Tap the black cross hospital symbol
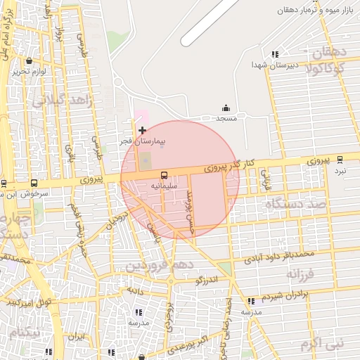[142, 130]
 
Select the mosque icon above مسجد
[226, 108]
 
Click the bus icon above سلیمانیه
[164, 174]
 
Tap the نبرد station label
[340, 170]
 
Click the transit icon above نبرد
[340, 160]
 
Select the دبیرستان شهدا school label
[276, 64]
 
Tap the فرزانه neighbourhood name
[304, 274]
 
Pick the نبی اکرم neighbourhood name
[320, 345]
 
